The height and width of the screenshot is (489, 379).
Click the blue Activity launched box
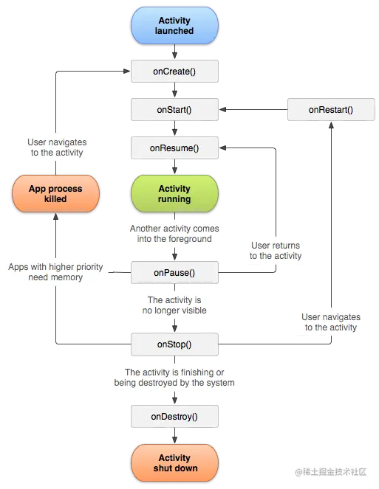pyautogui.click(x=174, y=26)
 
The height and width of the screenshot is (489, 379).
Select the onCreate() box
pyautogui.click(x=174, y=72)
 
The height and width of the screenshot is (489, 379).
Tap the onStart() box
pyautogui.click(x=174, y=110)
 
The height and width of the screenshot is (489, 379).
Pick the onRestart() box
pyautogui.click(x=330, y=110)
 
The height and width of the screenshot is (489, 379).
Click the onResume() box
pyautogui.click(x=174, y=148)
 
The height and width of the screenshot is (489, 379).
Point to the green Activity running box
pyautogui.click(x=174, y=194)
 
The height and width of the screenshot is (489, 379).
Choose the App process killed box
pyautogui.click(x=55, y=194)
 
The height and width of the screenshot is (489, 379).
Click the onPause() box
pyautogui.click(x=174, y=273)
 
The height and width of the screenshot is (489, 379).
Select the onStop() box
pyautogui.click(x=174, y=344)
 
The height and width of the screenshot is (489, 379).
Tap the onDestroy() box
pyautogui.click(x=174, y=417)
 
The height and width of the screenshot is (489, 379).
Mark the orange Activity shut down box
pyautogui.click(x=174, y=462)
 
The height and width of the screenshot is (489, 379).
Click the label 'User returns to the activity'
pyautogui.click(x=276, y=251)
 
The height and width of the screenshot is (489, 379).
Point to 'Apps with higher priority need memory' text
pyautogui.click(x=55, y=272)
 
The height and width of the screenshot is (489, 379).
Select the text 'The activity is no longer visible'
pyautogui.click(x=174, y=305)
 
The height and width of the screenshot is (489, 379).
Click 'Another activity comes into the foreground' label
pyautogui.click(x=174, y=234)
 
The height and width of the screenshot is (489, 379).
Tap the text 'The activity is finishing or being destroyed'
pyautogui.click(x=174, y=378)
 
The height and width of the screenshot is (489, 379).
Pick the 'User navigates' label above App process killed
pyautogui.click(x=56, y=148)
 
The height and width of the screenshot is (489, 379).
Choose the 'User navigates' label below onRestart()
pyautogui.click(x=330, y=322)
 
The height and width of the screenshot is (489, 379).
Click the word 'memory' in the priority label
pyautogui.click(x=66, y=278)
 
